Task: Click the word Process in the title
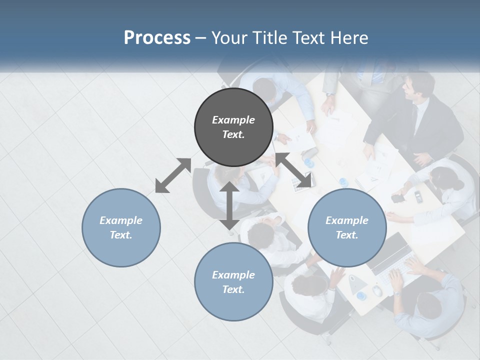tap(157, 38)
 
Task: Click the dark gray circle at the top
tap(233, 127)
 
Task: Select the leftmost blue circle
tap(121, 227)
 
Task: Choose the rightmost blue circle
tap(347, 227)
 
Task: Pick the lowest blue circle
tap(233, 282)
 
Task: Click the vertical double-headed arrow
tap(229, 206)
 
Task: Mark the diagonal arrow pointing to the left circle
tap(173, 175)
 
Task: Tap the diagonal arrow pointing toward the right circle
tap(294, 171)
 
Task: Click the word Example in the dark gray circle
tap(233, 120)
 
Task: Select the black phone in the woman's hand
tap(398, 198)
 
